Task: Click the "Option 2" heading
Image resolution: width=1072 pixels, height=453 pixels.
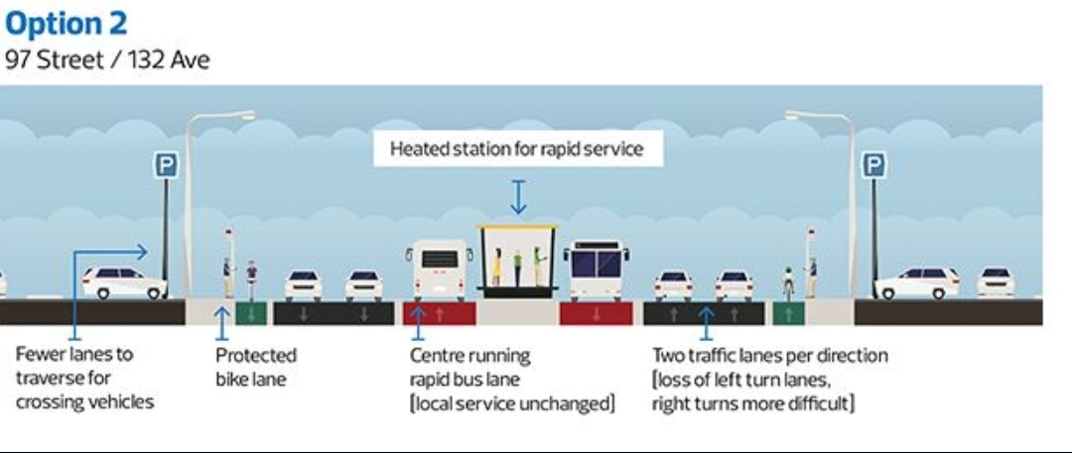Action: pos(67,23)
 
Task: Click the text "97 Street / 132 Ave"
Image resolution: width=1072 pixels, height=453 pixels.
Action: pos(107,60)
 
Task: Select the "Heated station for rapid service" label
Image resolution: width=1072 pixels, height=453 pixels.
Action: pos(516,150)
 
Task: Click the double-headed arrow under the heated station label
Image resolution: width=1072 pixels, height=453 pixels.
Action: pos(517,196)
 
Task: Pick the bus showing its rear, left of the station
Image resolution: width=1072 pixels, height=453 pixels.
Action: pos(441,269)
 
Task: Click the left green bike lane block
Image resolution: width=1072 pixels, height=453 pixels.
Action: pos(249,313)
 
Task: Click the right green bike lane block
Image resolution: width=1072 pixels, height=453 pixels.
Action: pos(788,313)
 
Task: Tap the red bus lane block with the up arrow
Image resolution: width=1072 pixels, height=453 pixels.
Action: pos(440,313)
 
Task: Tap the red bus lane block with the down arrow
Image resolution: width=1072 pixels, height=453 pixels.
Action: pos(597,313)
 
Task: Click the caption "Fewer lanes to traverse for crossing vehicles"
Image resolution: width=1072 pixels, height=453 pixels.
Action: pos(84,378)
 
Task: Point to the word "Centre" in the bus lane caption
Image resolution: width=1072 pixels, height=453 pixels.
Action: pos(438,355)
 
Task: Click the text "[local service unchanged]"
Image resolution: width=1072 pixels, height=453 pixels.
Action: pos(512,403)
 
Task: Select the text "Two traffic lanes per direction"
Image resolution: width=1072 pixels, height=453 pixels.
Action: pos(769,355)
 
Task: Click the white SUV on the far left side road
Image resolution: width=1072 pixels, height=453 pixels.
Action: pos(123,283)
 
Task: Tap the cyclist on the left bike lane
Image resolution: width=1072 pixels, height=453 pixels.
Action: pos(251,281)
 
